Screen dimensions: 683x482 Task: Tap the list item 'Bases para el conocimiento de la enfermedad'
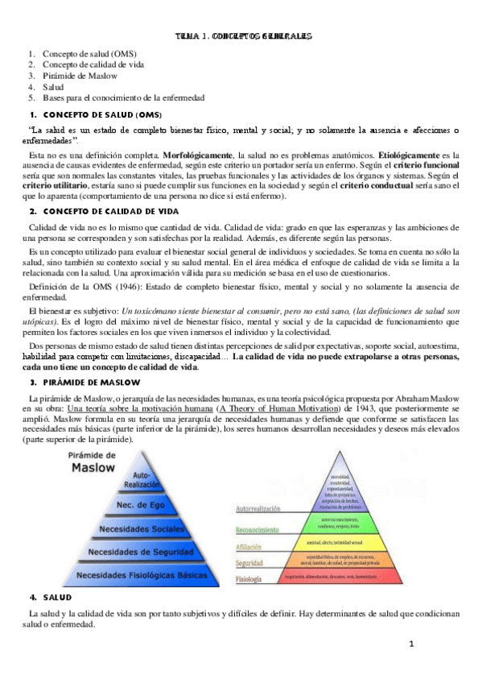click(x=123, y=97)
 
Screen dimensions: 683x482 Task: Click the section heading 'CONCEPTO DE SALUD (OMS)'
click(x=101, y=114)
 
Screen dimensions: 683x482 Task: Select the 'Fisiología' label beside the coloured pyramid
click(x=248, y=579)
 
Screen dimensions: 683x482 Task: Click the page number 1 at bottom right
click(x=410, y=644)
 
